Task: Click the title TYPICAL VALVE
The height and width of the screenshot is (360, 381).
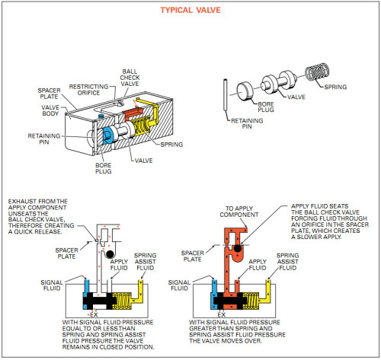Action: (x=190, y=10)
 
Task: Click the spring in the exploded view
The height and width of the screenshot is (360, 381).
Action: (x=317, y=72)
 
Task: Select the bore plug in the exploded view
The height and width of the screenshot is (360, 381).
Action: (x=245, y=91)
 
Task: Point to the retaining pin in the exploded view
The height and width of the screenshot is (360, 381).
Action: (x=225, y=95)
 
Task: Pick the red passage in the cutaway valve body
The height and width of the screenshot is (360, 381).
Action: (x=132, y=113)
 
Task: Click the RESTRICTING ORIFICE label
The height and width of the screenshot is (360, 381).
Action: (x=88, y=90)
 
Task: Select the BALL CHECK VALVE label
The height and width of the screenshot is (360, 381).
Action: (x=130, y=78)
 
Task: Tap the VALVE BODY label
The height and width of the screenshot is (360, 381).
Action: (x=50, y=110)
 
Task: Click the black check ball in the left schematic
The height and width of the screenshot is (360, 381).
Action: (x=110, y=254)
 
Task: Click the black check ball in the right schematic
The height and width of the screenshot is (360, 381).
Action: (x=238, y=248)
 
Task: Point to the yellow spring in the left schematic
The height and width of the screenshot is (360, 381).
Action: (x=122, y=301)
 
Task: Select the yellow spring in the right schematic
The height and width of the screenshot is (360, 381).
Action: (x=251, y=301)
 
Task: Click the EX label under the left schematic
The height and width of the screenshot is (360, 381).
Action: (x=94, y=315)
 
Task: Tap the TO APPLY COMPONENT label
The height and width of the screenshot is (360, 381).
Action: (x=239, y=212)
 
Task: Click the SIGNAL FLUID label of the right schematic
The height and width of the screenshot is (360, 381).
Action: (x=179, y=285)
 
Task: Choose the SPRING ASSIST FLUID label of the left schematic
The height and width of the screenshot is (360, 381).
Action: (x=145, y=262)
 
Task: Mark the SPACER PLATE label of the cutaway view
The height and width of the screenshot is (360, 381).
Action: (x=49, y=94)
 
